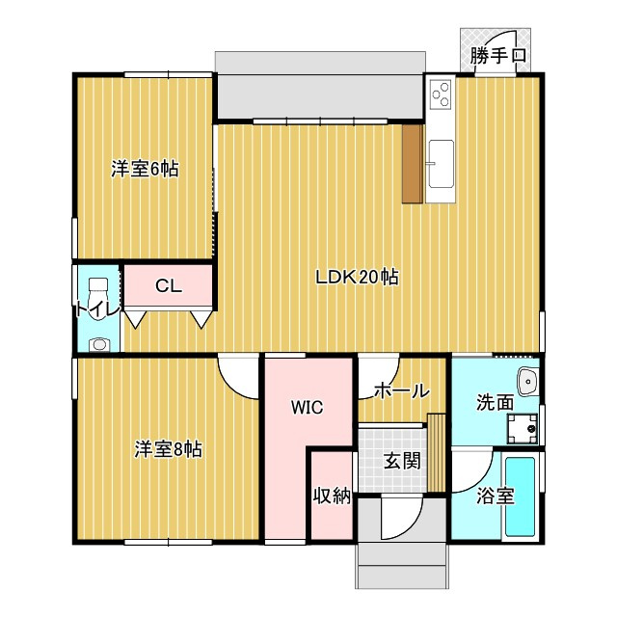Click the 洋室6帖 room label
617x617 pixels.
pyautogui.click(x=145, y=170)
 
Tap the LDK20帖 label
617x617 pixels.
pyautogui.click(x=358, y=277)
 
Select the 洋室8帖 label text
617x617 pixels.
pyautogui.click(x=169, y=449)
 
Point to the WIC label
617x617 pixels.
pyautogui.click(x=307, y=407)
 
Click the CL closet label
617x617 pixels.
pyautogui.click(x=169, y=286)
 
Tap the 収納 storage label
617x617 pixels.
pyautogui.click(x=332, y=496)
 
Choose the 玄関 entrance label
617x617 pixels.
pyautogui.click(x=402, y=461)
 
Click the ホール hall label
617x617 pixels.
pyautogui.click(x=401, y=391)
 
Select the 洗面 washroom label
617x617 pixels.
pyautogui.click(x=495, y=403)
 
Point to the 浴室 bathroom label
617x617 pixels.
pyautogui.click(x=495, y=496)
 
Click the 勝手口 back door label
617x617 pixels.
pyautogui.click(x=498, y=56)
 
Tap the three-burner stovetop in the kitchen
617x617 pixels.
pyautogui.click(x=441, y=94)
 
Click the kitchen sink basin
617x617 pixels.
pyautogui.click(x=442, y=164)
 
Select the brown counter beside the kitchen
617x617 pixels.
pyautogui.click(x=413, y=164)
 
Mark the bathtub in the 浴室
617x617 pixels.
pyautogui.click(x=520, y=496)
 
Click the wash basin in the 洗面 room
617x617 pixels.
pyautogui.click(x=528, y=381)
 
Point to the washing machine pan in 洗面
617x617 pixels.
pyautogui.click(x=523, y=428)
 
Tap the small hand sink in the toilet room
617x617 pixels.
pyautogui.click(x=98, y=345)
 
